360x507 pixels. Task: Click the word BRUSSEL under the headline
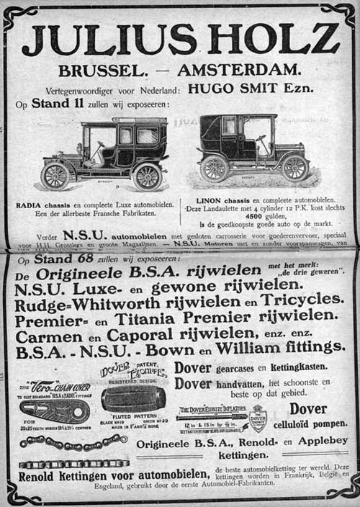(102, 71)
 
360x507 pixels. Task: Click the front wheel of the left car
(56, 175)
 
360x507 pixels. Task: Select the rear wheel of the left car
(148, 175)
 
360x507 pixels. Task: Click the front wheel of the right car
(295, 168)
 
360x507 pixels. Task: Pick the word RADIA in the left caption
(30, 205)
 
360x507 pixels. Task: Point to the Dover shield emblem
(258, 418)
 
